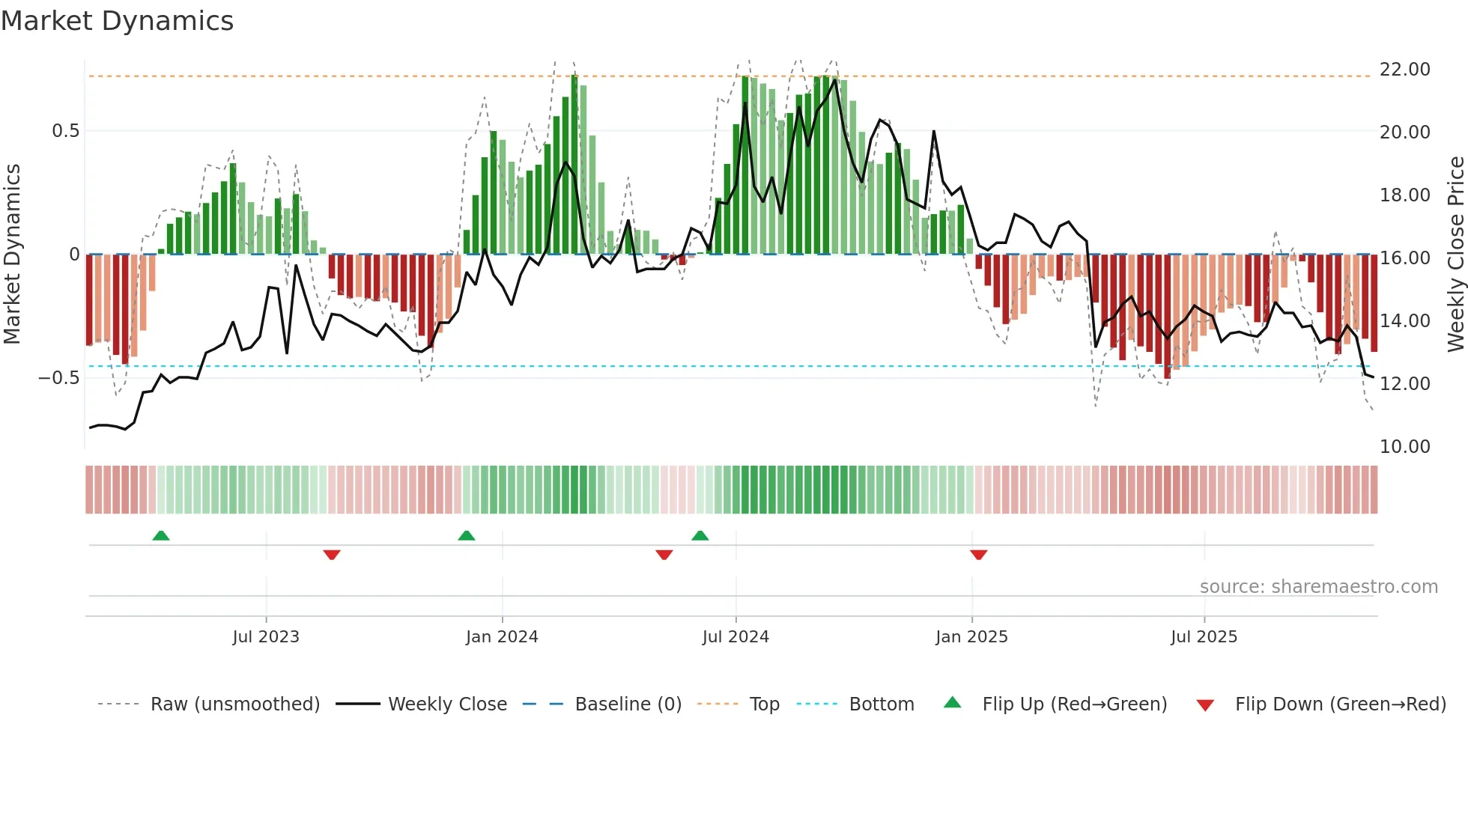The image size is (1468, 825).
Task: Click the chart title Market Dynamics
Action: pos(117,21)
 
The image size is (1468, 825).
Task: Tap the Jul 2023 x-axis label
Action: pos(266,637)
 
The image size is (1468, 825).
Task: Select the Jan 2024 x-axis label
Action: pos(502,637)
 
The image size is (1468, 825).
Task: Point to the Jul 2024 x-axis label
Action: pos(735,637)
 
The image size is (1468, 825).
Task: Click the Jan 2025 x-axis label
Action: pos(971,637)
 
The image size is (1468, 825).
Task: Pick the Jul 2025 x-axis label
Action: pos(1204,637)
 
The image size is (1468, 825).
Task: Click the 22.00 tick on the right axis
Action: pos(1404,70)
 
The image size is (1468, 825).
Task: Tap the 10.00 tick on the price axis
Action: pos(1404,447)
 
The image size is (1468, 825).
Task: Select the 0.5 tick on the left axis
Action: pos(66,131)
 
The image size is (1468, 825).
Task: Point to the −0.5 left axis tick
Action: pos(59,377)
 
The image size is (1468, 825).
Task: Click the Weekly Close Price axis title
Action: pos(1455,254)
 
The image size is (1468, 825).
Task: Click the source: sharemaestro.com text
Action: pos(1318,587)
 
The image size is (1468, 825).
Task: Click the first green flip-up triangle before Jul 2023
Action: pos(161,535)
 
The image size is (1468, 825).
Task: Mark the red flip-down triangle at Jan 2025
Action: pos(978,555)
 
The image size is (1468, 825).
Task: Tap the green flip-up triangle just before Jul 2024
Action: pos(700,535)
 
